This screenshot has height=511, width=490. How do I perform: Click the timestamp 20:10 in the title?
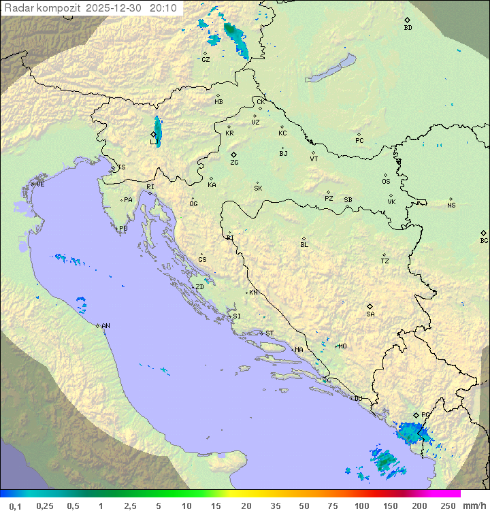pos(164,7)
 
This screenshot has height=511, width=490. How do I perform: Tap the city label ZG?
pos(234,163)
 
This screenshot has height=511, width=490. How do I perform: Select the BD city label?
pos(408,28)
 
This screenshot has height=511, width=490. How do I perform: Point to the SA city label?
pos(370,314)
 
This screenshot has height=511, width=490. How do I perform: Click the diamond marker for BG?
pos(483,233)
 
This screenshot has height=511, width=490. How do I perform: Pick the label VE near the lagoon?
pos(40,184)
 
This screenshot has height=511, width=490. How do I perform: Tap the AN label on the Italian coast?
pos(105,327)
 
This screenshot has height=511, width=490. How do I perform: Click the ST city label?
pos(269,333)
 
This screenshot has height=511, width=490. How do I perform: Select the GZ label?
pos(206,60)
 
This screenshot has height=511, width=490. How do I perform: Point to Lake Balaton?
pos(331,69)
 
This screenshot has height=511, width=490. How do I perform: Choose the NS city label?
pos(451,205)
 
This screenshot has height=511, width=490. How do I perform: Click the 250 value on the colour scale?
pos(447,506)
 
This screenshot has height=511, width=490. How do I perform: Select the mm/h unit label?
pos(474,506)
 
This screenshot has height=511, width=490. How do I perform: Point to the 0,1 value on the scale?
pos(15,506)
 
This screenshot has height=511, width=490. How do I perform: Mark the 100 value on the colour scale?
pos(361,506)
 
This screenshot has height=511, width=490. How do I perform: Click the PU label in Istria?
pos(123,229)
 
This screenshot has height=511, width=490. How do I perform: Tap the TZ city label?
pos(385,261)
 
